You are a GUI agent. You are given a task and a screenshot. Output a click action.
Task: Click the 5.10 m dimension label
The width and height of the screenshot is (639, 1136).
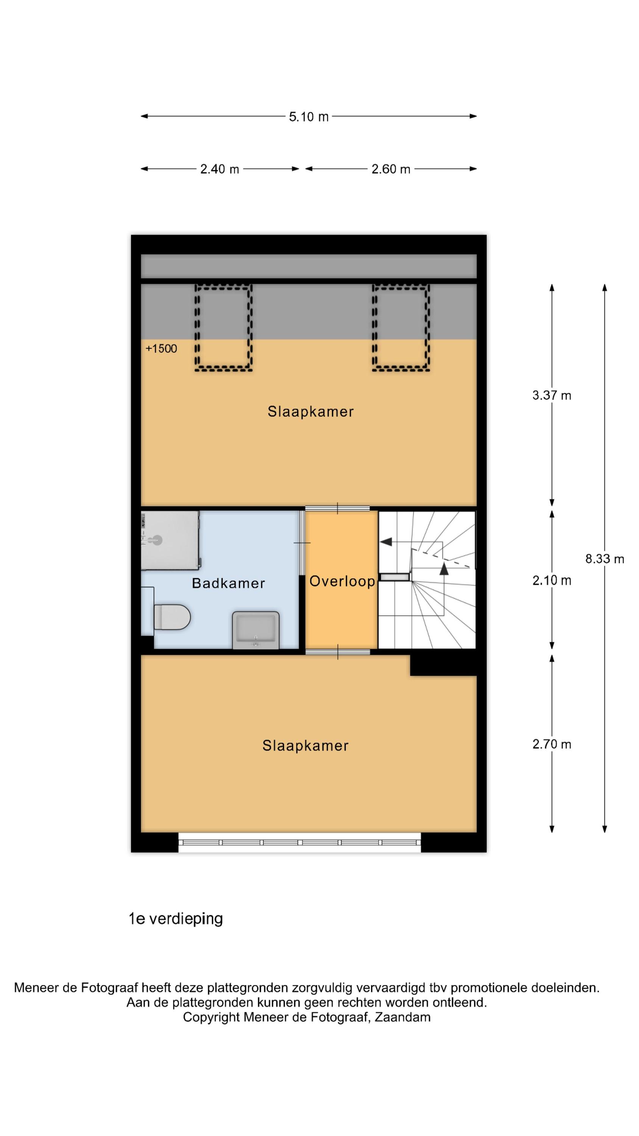[308, 117]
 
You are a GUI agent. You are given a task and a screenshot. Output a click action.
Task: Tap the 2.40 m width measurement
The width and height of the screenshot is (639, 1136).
[220, 169]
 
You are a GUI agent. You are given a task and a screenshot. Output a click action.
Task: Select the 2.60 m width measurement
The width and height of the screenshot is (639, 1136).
[391, 169]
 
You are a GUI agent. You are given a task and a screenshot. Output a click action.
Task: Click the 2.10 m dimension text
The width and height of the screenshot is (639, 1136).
[551, 581]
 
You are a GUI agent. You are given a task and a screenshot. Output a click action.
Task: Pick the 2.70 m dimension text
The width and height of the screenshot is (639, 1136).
[551, 744]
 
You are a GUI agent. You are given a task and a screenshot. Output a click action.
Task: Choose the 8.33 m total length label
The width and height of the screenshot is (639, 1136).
[604, 559]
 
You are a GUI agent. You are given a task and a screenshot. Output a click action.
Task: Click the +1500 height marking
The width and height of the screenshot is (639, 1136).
[161, 349]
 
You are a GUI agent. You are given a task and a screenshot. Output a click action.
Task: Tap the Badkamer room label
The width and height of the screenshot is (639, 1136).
[228, 584]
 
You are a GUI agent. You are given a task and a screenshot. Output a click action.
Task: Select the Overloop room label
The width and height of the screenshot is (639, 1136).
[342, 582]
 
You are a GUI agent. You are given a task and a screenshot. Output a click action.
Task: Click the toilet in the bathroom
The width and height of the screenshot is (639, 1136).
[171, 617]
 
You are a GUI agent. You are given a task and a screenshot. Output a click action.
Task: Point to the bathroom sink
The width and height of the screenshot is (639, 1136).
[256, 630]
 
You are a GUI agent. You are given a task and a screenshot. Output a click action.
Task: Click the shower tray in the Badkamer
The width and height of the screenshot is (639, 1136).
[170, 541]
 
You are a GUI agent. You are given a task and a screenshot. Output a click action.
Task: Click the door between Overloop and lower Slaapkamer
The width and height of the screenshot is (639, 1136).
[338, 652]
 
